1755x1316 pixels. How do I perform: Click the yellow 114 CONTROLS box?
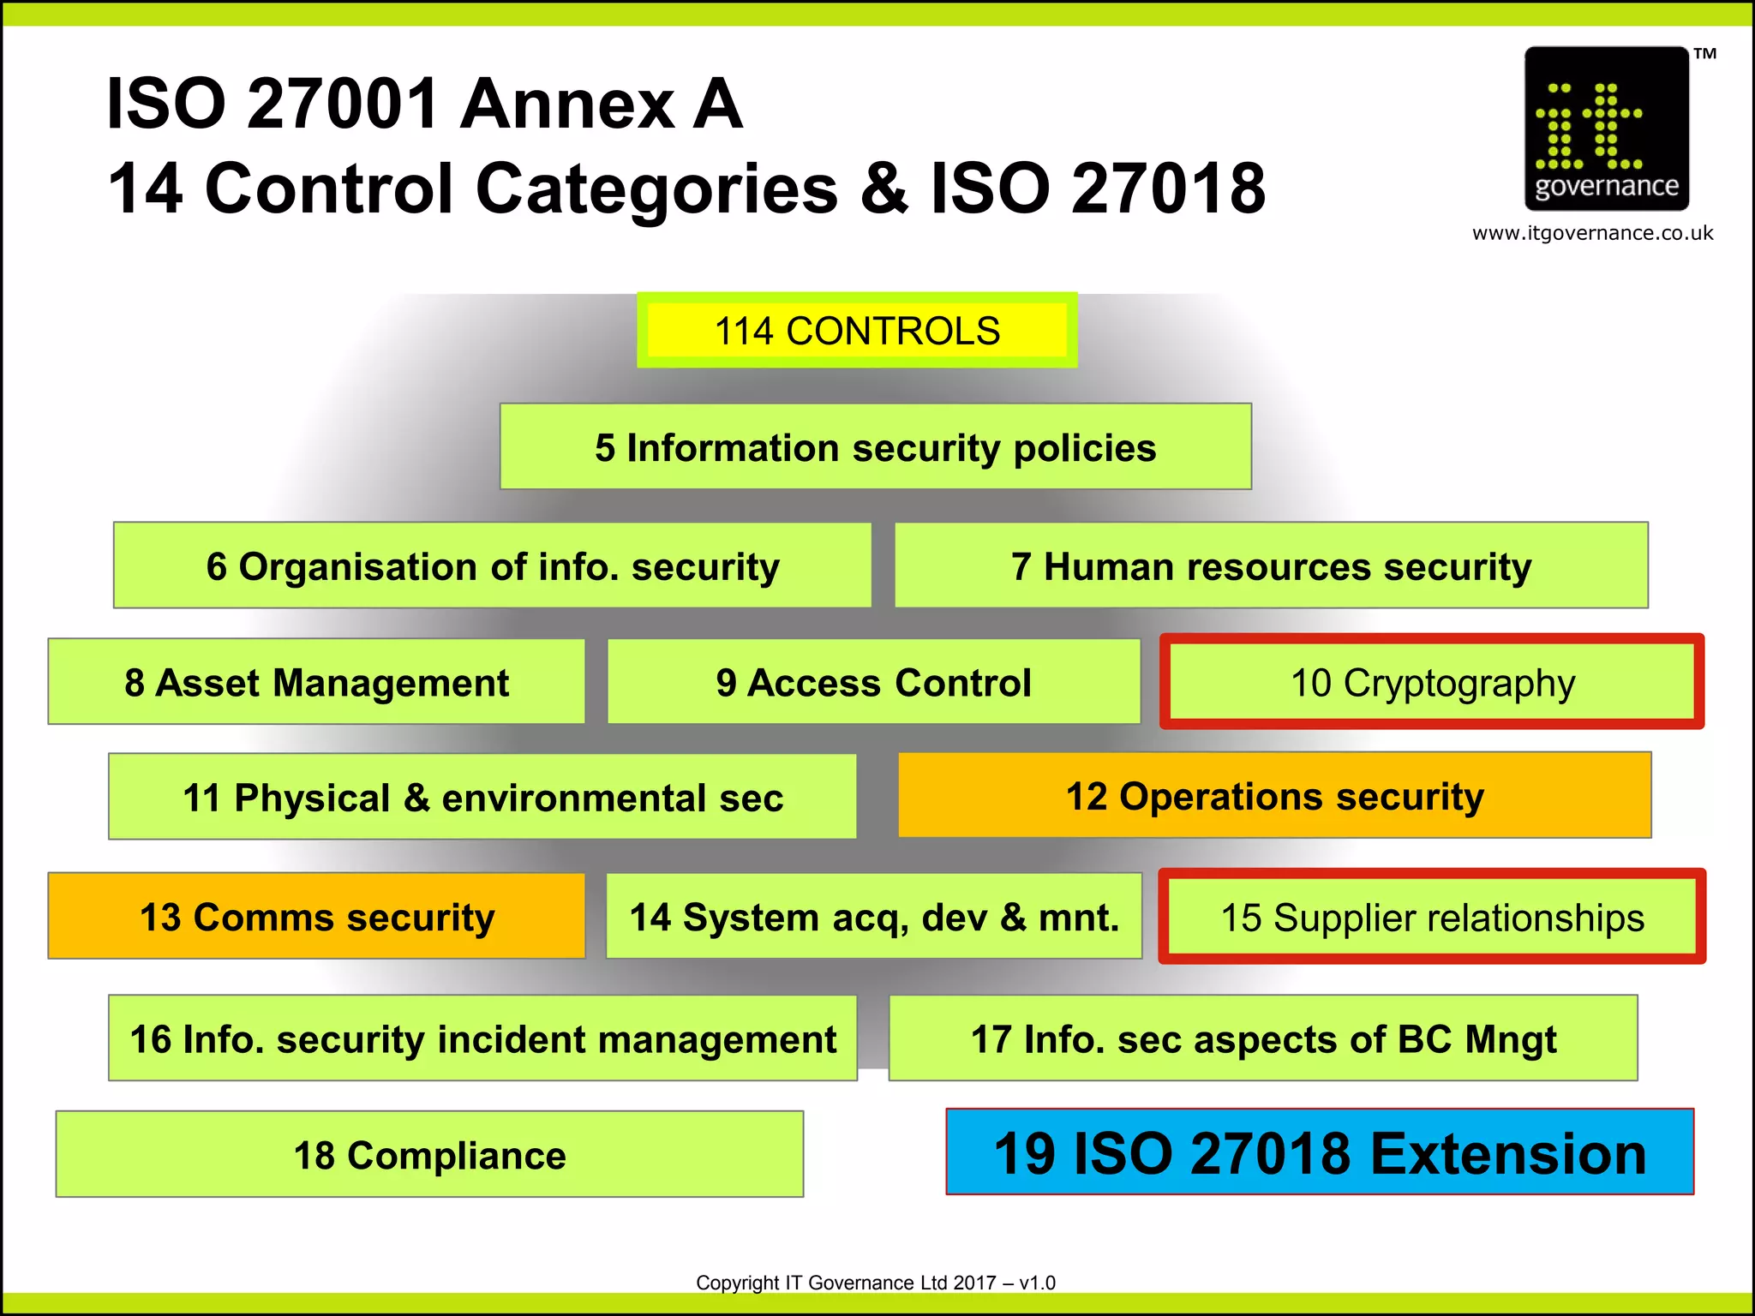(857, 331)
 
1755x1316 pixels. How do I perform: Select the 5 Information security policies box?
(875, 447)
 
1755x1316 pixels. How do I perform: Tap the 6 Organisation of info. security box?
(493, 565)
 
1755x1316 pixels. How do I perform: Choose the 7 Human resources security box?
(1271, 565)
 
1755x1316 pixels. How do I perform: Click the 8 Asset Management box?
(316, 682)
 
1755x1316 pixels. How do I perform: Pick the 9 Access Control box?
(873, 682)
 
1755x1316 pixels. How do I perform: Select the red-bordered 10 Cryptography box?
(1432, 682)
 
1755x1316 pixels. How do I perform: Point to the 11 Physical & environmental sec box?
(482, 797)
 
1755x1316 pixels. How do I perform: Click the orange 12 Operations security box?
(1274, 795)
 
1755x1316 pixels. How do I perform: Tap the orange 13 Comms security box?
(316, 916)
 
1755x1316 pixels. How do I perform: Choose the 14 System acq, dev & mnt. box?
(873, 916)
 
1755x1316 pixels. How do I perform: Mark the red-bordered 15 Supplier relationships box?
(1432, 917)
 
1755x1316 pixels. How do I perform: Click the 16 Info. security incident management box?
(482, 1038)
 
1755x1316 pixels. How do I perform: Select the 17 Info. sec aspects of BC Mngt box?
(1263, 1038)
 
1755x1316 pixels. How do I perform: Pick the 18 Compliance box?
(429, 1154)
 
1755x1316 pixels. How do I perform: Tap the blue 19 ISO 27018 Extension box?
(1320, 1152)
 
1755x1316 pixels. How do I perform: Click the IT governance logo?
(1606, 129)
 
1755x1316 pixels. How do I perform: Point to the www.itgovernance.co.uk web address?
(1592, 233)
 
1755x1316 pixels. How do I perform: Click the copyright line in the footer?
(875, 1283)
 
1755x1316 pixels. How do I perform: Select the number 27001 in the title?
(343, 105)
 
